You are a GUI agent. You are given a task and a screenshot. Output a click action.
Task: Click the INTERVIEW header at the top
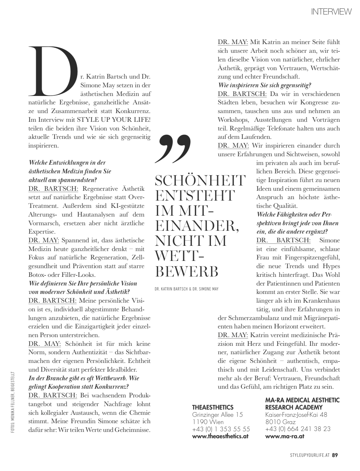pyautogui.click(x=331, y=12)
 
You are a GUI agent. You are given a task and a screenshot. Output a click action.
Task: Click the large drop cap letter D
pyautogui.click(x=54, y=71)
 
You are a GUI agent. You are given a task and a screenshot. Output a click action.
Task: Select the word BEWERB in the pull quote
pyautogui.click(x=187, y=271)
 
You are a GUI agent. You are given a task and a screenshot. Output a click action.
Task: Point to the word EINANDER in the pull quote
pyautogui.click(x=197, y=226)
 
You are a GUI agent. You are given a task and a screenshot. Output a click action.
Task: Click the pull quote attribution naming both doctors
pyautogui.click(x=187, y=289)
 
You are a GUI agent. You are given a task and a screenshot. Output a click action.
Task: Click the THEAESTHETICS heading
pyautogui.click(x=213, y=407)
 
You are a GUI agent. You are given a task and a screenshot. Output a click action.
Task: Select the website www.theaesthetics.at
pyautogui.click(x=220, y=436)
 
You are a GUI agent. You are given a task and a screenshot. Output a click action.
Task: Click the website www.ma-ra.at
pyautogui.click(x=285, y=436)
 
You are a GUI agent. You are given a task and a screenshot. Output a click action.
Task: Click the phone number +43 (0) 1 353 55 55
pyautogui.click(x=221, y=429)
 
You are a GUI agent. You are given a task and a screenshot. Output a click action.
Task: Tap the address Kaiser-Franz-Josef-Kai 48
pyautogui.click(x=296, y=415)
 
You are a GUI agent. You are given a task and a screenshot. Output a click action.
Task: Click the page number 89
pyautogui.click(x=335, y=455)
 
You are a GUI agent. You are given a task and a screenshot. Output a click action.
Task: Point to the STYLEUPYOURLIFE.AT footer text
pyautogui.click(x=310, y=455)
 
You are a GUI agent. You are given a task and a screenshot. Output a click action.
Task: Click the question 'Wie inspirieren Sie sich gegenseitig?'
pyautogui.click(x=265, y=86)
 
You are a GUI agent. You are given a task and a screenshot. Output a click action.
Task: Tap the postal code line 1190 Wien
pyautogui.click(x=208, y=422)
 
